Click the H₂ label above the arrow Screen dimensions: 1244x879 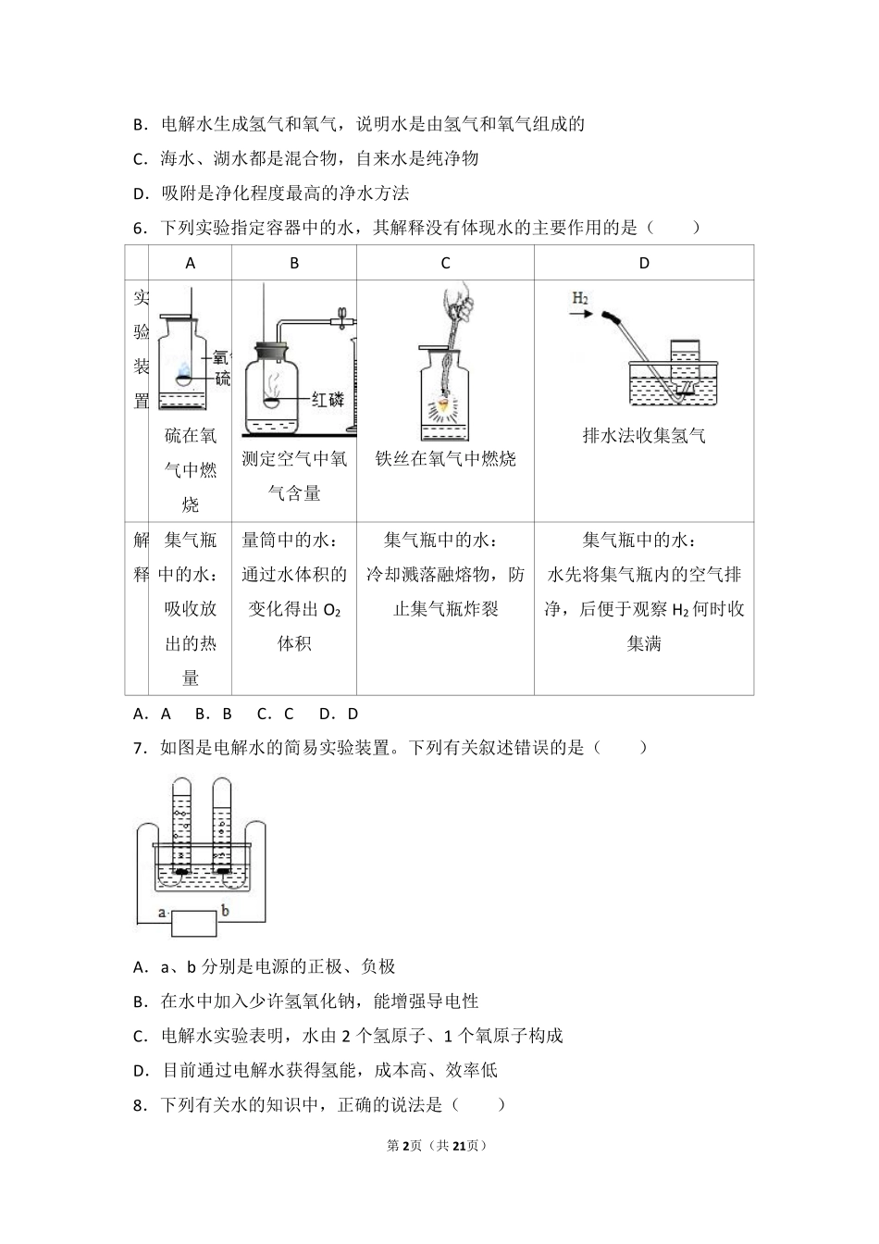(x=580, y=298)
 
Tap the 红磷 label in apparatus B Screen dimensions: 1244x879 (x=328, y=400)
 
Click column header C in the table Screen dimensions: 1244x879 (x=445, y=263)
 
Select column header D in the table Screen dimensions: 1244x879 (x=644, y=263)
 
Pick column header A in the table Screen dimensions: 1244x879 (x=191, y=263)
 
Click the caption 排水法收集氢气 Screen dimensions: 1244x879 (x=644, y=436)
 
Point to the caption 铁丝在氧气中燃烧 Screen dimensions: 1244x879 (x=445, y=459)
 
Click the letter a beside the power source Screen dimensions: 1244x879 (x=162, y=913)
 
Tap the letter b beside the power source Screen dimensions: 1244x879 (x=225, y=912)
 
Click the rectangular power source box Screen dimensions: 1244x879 (x=193, y=923)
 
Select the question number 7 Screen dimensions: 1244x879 (x=139, y=748)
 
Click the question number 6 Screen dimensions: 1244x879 (x=139, y=228)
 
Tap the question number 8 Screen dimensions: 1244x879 (x=139, y=1104)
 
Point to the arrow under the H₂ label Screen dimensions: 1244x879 (x=580, y=315)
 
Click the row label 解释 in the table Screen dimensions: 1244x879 (x=141, y=557)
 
